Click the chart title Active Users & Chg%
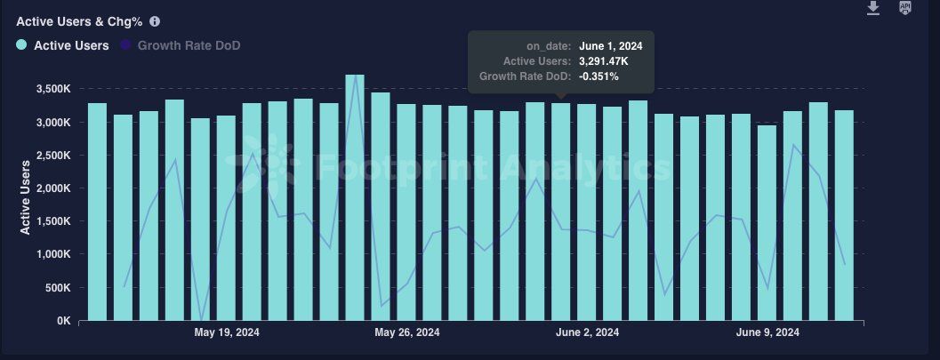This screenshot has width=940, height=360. [x=79, y=20]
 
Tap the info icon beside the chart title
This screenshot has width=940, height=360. [x=156, y=20]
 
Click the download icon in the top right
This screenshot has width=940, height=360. [x=873, y=8]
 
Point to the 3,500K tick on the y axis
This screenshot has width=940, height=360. [x=53, y=89]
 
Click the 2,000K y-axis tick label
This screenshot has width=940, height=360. [x=53, y=188]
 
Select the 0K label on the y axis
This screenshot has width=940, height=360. [x=64, y=321]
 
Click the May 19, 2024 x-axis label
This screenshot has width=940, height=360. [x=227, y=332]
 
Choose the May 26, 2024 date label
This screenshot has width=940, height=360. [x=406, y=332]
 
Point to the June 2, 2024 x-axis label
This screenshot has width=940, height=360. [x=587, y=332]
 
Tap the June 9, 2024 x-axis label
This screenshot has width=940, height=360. [x=767, y=332]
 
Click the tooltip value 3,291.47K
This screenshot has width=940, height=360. [x=604, y=60]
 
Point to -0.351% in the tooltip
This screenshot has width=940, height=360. [x=599, y=76]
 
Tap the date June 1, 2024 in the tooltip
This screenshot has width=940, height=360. [x=610, y=44]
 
